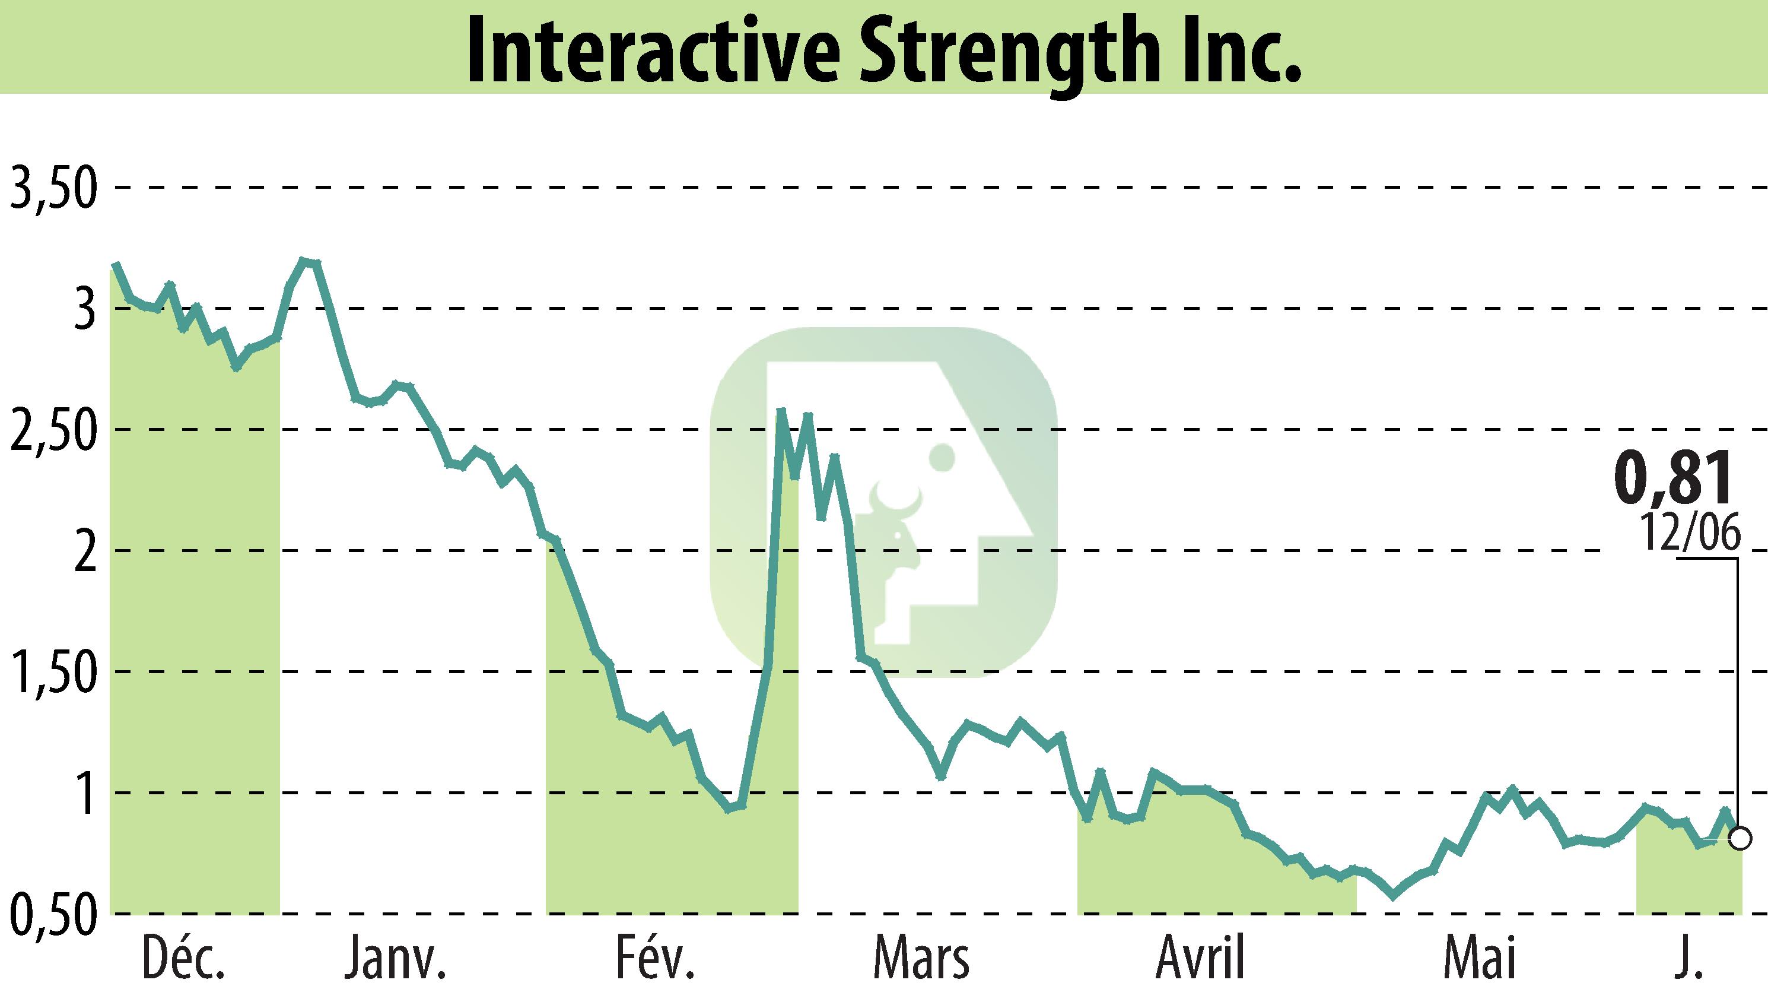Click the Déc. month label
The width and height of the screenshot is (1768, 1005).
[183, 959]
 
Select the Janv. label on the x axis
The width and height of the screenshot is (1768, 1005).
[395, 959]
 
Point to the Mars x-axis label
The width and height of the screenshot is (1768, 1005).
[921, 959]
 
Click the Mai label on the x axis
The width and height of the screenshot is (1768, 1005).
[1479, 959]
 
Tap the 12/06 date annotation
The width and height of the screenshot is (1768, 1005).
[1691, 533]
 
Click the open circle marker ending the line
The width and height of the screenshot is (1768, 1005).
[1741, 839]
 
